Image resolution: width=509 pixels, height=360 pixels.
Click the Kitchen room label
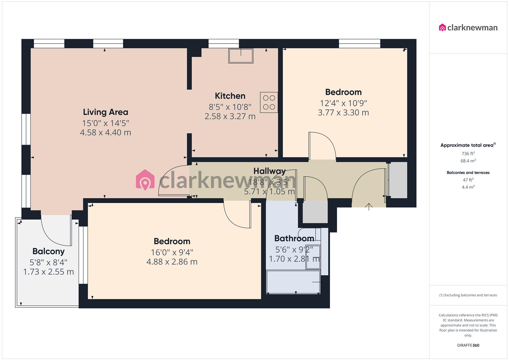tap(230, 96)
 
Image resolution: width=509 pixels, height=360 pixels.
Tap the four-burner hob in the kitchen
tap(269, 102)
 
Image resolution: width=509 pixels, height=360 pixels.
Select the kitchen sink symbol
tap(241, 56)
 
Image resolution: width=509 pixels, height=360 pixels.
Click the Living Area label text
tap(105, 112)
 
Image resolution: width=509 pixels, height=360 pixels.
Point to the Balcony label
tap(48, 251)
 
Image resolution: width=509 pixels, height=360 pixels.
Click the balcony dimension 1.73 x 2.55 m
tap(48, 272)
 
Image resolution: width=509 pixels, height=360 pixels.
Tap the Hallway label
tap(269, 171)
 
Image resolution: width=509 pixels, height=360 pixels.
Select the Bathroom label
tap(294, 238)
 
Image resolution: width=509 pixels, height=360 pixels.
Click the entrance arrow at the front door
tap(369, 207)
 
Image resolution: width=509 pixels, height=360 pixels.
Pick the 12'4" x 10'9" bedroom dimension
tap(343, 103)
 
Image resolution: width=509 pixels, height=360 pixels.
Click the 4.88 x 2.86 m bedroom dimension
tap(172, 262)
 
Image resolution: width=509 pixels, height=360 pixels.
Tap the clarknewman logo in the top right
tap(468, 28)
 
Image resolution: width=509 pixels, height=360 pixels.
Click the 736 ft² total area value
tap(468, 154)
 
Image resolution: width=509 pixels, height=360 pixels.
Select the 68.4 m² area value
tap(468, 161)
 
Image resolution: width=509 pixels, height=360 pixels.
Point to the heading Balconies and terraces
tap(468, 173)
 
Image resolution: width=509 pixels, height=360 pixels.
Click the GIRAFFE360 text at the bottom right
tap(468, 345)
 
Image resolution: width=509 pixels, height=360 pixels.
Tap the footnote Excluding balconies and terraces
tap(468, 295)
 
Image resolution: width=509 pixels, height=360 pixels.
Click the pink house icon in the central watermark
tap(145, 180)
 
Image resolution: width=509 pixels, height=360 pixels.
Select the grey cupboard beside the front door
tap(398, 180)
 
